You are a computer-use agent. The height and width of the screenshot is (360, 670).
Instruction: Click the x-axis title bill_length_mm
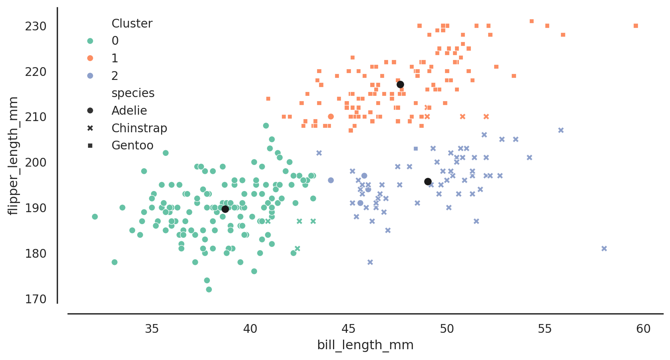[x=365, y=345]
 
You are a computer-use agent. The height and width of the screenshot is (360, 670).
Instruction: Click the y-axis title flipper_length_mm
[x=14, y=155]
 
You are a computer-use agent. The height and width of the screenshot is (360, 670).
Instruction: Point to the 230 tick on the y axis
[x=36, y=26]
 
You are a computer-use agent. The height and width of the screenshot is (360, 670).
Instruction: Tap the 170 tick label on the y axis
[x=36, y=299]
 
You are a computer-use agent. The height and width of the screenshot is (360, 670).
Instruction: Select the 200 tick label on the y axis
[x=36, y=163]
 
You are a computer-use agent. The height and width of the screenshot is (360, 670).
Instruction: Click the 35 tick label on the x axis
[x=152, y=329]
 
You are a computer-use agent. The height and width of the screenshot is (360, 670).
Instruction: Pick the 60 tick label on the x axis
[x=643, y=329]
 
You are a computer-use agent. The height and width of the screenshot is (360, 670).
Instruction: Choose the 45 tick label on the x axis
[x=349, y=329]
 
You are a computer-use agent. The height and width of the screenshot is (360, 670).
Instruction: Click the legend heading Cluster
[x=132, y=24]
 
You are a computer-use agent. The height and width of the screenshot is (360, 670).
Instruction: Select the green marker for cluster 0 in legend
[x=90, y=41]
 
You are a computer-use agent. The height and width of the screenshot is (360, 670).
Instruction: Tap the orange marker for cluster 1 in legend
[x=90, y=58]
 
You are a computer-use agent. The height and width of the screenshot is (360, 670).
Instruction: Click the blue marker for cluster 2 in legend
[x=90, y=76]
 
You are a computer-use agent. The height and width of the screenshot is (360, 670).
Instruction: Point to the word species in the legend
[x=133, y=93]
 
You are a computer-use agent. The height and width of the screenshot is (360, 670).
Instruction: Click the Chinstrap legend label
[x=139, y=128]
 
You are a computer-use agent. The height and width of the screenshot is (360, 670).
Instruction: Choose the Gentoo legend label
[x=132, y=145]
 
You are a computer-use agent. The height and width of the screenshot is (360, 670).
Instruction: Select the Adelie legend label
[x=129, y=111]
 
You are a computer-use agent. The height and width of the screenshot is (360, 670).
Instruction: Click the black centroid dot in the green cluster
[x=225, y=209]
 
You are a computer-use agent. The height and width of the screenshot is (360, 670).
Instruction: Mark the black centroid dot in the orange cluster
[x=400, y=84]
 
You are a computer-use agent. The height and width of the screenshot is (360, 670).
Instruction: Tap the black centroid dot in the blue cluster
[x=428, y=182]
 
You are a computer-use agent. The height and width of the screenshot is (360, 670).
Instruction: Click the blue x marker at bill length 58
[x=604, y=249]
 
